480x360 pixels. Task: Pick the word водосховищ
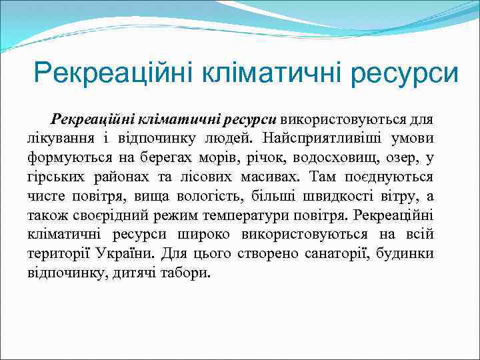tap(297, 158)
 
